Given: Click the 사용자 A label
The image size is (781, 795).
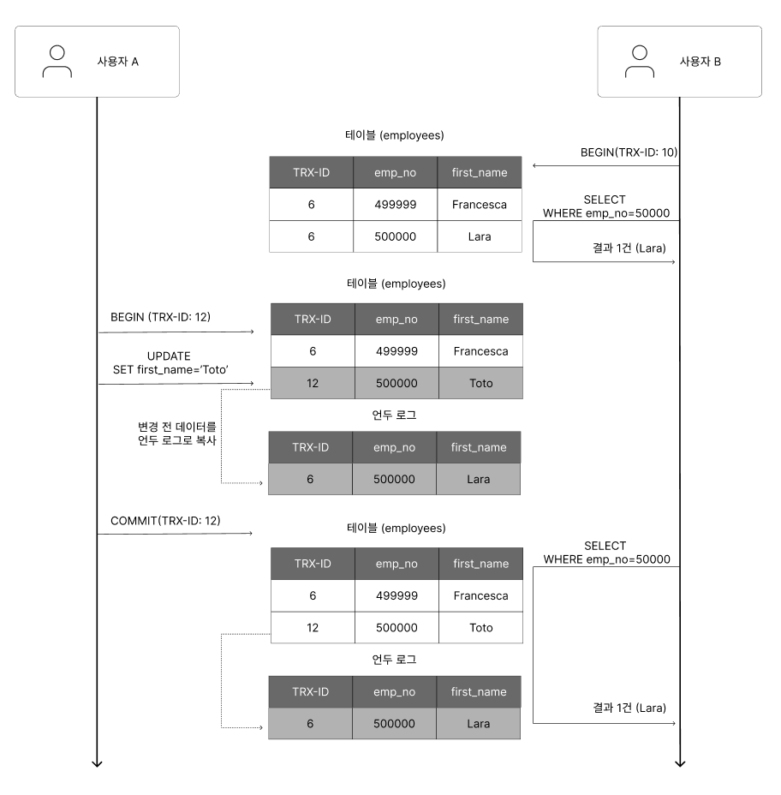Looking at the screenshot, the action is [117, 62].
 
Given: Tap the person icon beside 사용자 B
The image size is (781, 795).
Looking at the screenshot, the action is [640, 62].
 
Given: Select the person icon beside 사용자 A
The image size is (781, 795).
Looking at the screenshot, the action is [57, 62].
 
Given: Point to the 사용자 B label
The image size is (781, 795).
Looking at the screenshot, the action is [700, 62].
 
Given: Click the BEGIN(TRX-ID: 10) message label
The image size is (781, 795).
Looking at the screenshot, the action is [629, 152].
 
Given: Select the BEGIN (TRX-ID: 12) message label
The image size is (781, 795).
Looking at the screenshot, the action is [160, 317].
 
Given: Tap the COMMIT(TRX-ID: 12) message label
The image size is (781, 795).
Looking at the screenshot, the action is [165, 521].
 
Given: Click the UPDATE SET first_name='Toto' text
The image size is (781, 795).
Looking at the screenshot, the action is [170, 363].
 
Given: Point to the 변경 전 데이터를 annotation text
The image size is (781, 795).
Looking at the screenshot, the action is [177, 427].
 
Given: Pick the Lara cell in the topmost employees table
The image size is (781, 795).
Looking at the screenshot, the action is [480, 236].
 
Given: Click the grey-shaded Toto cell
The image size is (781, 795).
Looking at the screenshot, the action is [481, 383].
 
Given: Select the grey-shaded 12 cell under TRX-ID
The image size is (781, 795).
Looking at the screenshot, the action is [313, 383].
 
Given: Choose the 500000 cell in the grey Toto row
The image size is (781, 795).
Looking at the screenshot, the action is [396, 383].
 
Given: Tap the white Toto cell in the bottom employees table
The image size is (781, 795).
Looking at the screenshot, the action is [481, 628].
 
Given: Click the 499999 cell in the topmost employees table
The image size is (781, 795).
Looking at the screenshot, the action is [396, 205].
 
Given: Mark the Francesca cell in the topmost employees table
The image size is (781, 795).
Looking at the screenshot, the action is [480, 205].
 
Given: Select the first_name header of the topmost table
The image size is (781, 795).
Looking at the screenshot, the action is [480, 172].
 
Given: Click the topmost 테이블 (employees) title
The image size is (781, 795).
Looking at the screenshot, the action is [394, 135].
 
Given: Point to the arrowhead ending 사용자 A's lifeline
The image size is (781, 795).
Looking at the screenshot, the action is [97, 764].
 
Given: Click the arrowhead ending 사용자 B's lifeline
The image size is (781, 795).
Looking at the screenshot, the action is [680, 764].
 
